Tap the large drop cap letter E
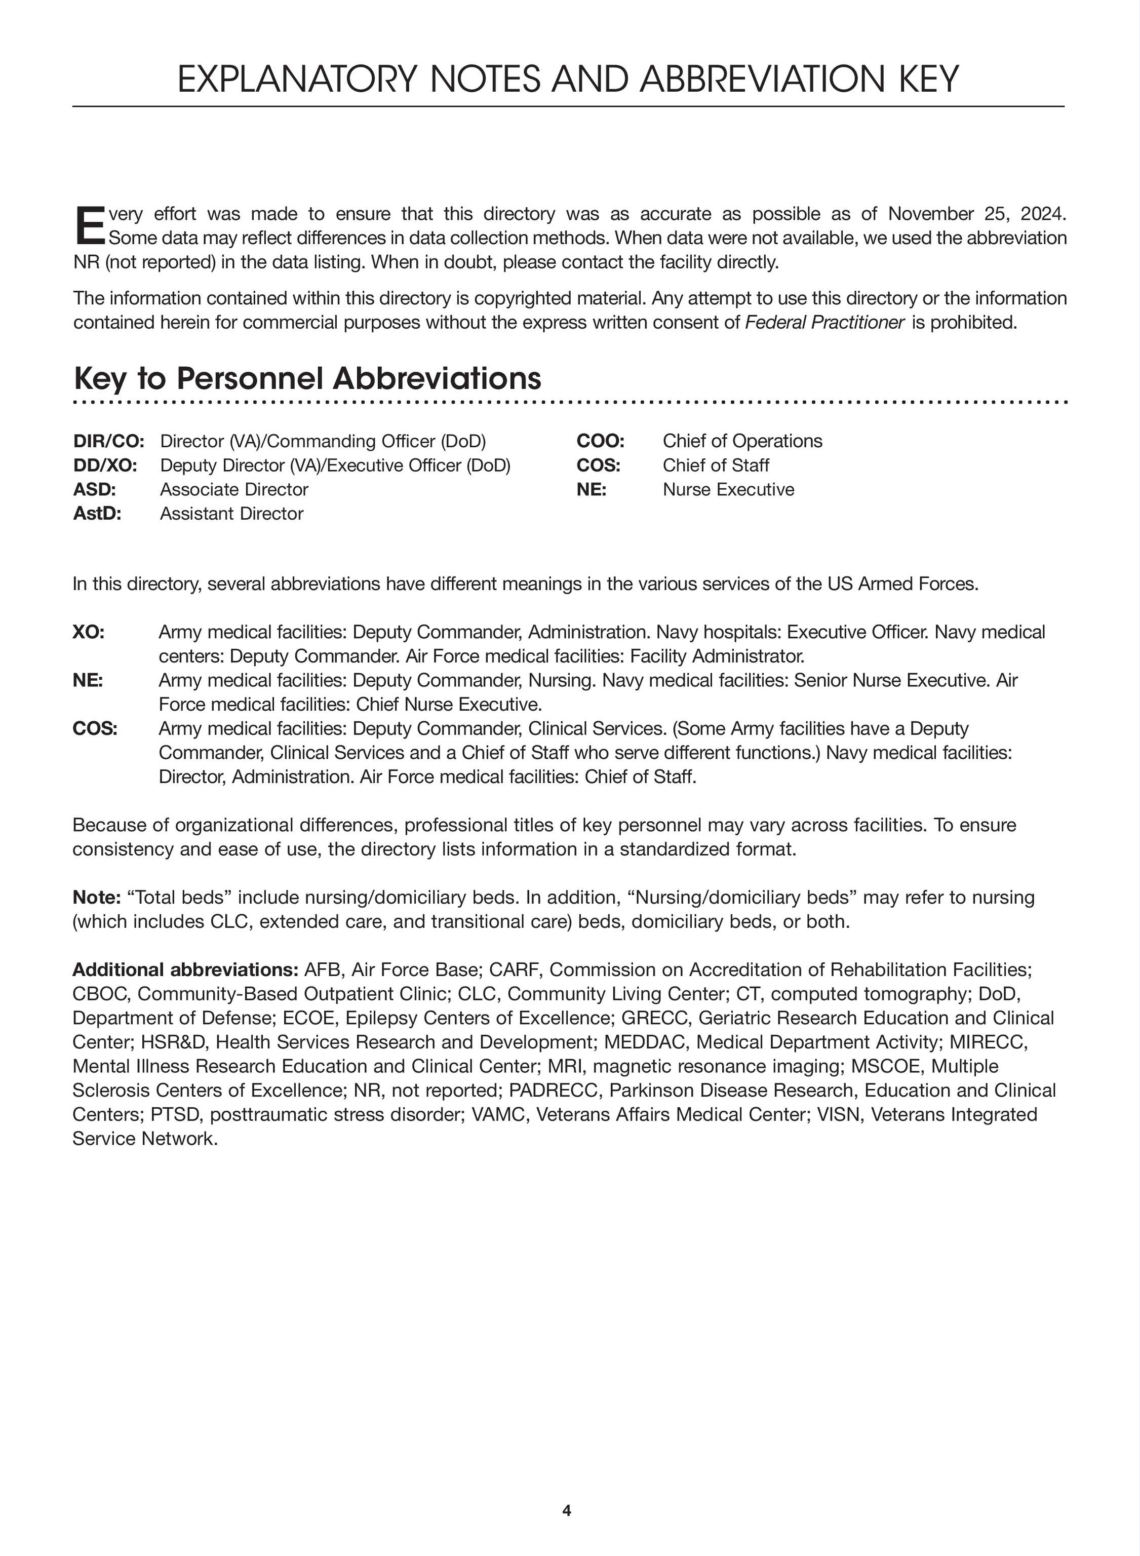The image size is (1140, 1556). click(x=89, y=225)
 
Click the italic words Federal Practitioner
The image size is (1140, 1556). click(x=824, y=322)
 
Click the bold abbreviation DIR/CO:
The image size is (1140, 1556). click(x=109, y=441)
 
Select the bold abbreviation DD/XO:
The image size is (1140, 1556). click(x=105, y=465)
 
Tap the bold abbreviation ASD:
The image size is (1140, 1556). click(x=95, y=489)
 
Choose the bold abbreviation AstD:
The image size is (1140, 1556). click(x=97, y=514)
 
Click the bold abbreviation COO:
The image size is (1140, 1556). click(x=600, y=441)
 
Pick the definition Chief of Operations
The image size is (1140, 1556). click(x=742, y=441)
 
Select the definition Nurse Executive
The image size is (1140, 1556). click(x=728, y=489)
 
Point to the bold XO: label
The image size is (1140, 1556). click(x=88, y=632)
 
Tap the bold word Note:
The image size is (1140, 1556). click(x=97, y=897)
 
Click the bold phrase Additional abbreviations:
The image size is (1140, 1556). click(x=185, y=969)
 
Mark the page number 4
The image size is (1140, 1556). click(x=567, y=1510)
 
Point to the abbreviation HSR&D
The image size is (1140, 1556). click(x=173, y=1042)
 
